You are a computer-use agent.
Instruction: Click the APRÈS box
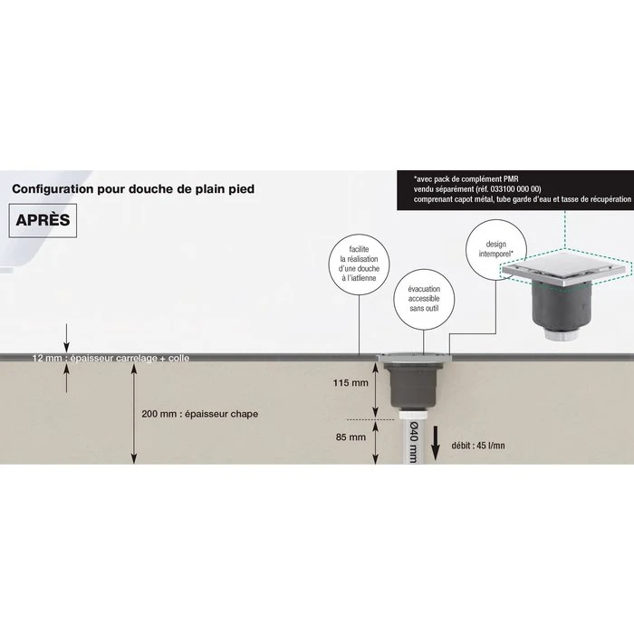tap(43, 220)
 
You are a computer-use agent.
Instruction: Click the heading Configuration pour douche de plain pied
tap(133, 188)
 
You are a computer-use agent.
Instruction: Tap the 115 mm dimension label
tap(351, 382)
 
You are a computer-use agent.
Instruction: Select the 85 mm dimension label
tap(351, 437)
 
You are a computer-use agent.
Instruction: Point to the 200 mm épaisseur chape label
tap(200, 414)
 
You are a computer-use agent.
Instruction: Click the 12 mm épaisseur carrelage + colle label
tap(110, 358)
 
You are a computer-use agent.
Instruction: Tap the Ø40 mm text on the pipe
tap(413, 442)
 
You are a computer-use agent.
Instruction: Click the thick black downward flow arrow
tap(435, 443)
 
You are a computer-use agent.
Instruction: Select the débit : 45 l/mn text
tap(478, 446)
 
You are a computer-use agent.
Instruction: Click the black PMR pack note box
tap(515, 190)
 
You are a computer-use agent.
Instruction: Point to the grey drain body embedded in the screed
tap(413, 385)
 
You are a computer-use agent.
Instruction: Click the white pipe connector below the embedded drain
tap(413, 414)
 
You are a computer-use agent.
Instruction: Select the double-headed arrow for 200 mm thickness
tap(134, 414)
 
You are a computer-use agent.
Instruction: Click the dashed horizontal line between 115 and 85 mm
tap(370, 419)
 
